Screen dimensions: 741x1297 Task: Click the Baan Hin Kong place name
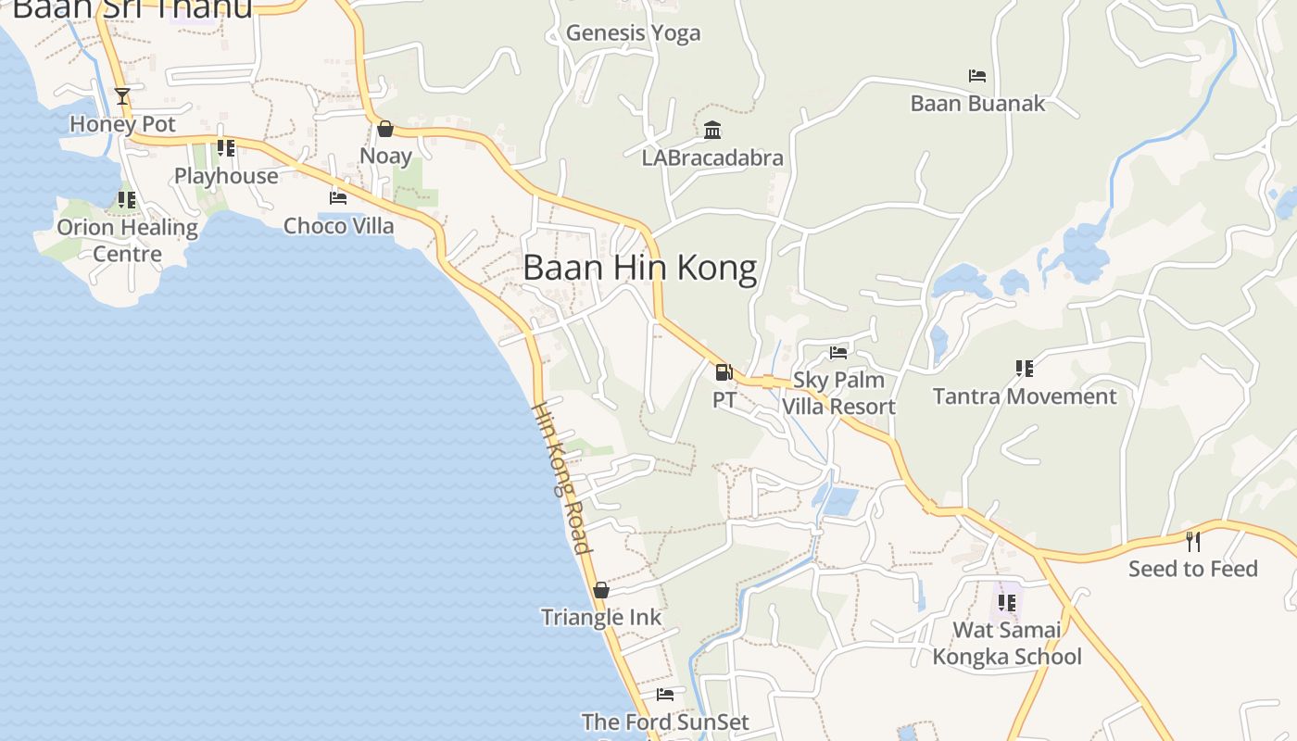point(639,268)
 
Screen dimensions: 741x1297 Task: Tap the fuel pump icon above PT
point(724,372)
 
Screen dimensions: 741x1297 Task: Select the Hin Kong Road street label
point(561,479)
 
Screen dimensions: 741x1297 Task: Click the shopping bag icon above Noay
point(384,129)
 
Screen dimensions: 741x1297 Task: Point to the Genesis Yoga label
point(633,33)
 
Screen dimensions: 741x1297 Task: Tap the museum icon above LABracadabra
point(712,130)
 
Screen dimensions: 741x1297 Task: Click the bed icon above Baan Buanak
point(976,76)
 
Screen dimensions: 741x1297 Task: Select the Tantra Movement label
point(1024,396)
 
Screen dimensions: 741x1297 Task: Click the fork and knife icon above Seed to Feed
point(1193,541)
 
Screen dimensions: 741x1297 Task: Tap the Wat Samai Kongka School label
point(1007,644)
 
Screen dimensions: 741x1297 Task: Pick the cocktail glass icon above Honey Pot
point(121,95)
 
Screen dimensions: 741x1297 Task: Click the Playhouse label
point(226,176)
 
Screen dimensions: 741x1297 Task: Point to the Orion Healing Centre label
point(127,240)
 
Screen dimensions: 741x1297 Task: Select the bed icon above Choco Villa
point(338,198)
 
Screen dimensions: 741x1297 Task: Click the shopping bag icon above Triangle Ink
point(601,590)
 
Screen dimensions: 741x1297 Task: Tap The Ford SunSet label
point(664,722)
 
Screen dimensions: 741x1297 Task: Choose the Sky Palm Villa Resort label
point(838,393)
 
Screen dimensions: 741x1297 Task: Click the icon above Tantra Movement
point(1024,369)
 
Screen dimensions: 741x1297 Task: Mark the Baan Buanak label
point(977,103)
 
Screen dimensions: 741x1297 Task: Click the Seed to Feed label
point(1192,569)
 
